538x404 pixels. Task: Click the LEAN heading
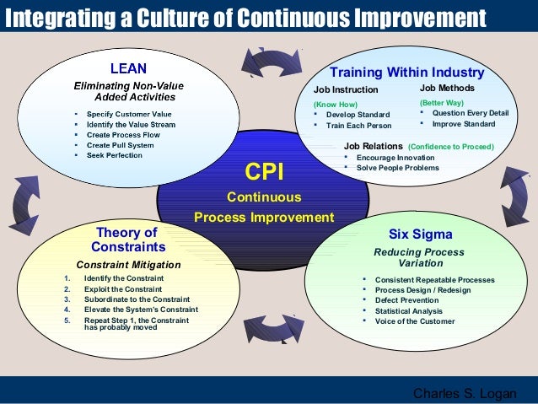point(130,67)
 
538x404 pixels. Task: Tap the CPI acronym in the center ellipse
point(263,172)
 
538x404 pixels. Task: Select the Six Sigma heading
point(420,234)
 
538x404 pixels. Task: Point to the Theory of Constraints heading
point(127,240)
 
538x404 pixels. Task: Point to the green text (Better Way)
point(442,102)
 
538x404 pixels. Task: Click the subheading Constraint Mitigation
point(128,264)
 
